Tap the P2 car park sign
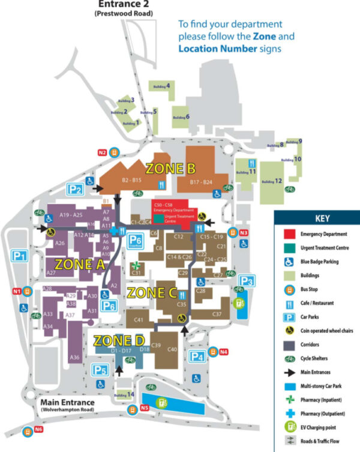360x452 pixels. click(x=74, y=190)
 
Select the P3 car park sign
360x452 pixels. click(x=246, y=281)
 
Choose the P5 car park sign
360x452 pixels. click(x=100, y=370)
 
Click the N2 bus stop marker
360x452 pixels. click(x=103, y=153)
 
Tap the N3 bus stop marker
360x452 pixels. click(x=244, y=232)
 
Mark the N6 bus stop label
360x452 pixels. click(x=38, y=429)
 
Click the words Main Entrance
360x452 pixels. click(x=65, y=402)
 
